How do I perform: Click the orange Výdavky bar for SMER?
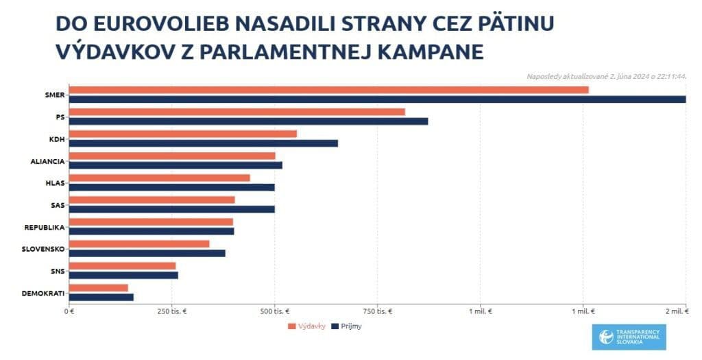point(329,90)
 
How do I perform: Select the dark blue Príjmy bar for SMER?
point(377,99)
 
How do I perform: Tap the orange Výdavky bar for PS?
point(237,112)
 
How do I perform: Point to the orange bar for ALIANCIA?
point(172,156)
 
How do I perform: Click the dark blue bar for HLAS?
point(171,187)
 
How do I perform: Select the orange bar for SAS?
point(152,200)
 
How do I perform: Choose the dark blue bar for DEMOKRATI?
point(101,297)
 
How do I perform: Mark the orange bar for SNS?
point(123,265)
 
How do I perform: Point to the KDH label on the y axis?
point(57,139)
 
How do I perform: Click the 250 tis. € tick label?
point(171,311)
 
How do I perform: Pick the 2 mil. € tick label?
point(676,311)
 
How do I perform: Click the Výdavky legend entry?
point(306,326)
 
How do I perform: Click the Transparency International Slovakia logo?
point(629,337)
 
